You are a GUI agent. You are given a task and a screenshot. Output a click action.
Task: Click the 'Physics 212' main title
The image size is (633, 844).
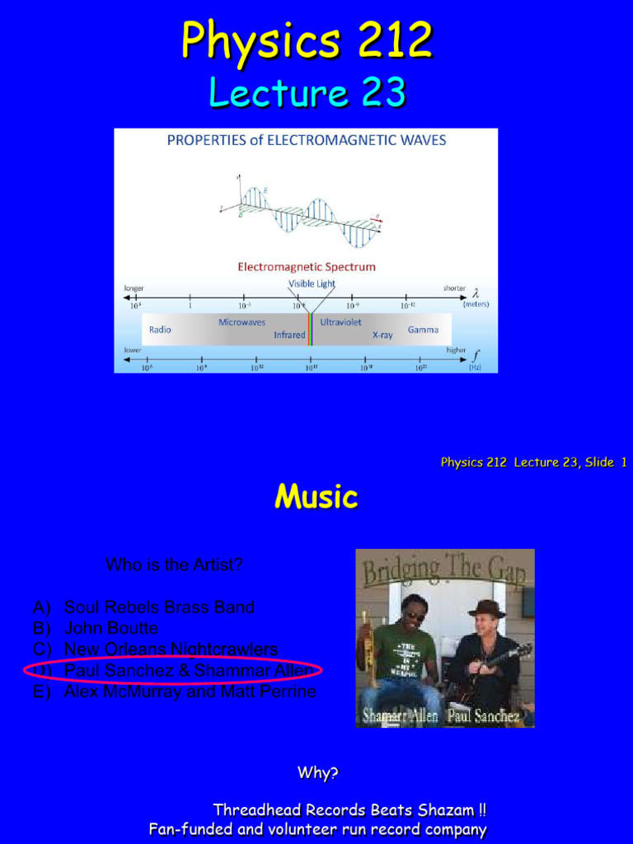click(x=307, y=40)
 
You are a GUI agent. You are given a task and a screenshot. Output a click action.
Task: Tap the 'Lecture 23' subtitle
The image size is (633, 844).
click(x=307, y=92)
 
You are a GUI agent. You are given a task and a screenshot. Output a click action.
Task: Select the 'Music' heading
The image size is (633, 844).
click(x=316, y=496)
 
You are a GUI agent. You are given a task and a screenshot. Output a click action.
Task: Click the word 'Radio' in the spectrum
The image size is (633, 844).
click(x=160, y=330)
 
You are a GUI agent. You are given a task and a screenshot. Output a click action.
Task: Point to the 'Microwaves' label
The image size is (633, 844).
click(x=241, y=322)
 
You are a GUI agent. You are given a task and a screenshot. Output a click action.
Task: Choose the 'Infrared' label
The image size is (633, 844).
click(x=289, y=335)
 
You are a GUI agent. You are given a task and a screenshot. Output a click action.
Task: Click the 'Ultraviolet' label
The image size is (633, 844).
click(x=340, y=322)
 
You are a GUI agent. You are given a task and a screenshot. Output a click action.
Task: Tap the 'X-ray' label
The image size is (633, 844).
click(x=382, y=335)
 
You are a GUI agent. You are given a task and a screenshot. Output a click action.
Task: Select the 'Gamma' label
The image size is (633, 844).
click(x=423, y=330)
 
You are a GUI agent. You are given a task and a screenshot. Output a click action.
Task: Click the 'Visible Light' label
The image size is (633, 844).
click(x=312, y=284)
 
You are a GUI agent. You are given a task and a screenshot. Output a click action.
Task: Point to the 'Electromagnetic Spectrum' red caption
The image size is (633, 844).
click(x=307, y=267)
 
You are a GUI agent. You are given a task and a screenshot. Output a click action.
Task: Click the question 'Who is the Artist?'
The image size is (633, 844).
click(x=174, y=565)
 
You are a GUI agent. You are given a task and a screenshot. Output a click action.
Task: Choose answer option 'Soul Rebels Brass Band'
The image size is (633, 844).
click(x=159, y=607)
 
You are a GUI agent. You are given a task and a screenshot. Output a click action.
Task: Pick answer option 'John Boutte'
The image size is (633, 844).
click(x=111, y=628)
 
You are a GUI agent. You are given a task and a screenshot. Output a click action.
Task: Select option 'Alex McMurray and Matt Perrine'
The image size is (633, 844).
click(x=190, y=692)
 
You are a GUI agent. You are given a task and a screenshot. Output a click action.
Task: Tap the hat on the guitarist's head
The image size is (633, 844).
click(x=485, y=608)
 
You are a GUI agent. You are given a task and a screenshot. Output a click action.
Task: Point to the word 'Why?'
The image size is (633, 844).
click(x=317, y=773)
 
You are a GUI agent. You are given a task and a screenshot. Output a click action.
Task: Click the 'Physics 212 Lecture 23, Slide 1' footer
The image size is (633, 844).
click(x=533, y=462)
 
